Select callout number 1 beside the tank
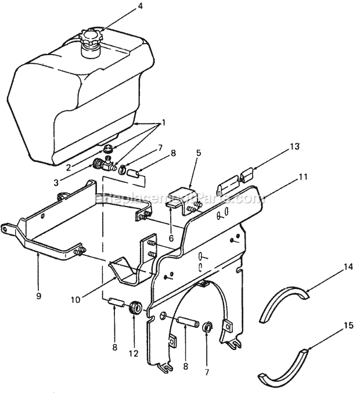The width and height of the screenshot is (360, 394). (164, 122)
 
